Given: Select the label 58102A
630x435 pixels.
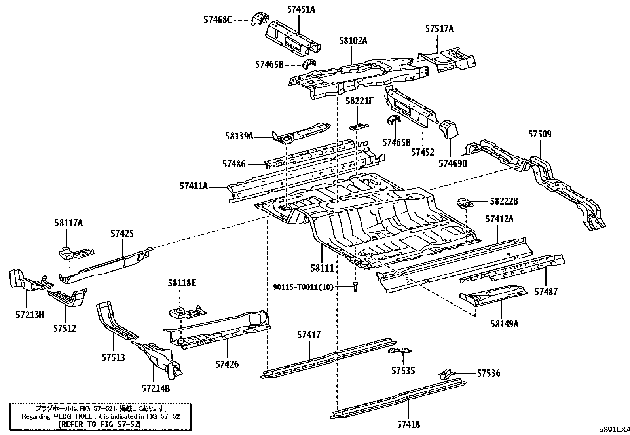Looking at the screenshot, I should coord(353,40).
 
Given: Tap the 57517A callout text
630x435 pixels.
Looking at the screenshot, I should coord(439,28).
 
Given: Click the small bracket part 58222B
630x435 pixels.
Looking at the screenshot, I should coord(465,203).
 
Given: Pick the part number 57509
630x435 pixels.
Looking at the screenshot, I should coord(540,134).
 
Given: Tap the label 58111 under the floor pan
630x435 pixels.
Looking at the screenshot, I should coord(323,268).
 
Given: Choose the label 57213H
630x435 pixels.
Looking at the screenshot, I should coord(30,315).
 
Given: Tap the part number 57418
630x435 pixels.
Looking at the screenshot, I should coord(408,425).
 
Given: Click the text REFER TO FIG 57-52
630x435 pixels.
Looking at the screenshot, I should coord(99,424).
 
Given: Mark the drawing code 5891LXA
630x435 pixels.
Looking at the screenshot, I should coord(613,429).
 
